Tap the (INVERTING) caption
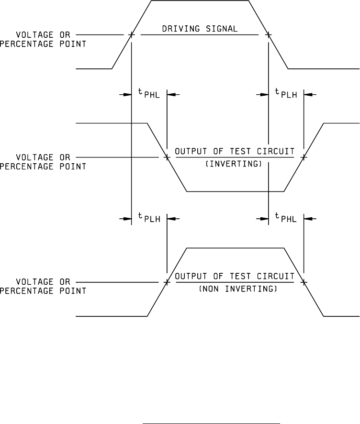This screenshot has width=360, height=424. coord(235,164)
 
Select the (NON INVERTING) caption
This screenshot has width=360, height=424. coord(235,289)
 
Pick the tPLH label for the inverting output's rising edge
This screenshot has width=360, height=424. coord(286,95)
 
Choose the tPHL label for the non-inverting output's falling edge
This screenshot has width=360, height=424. coord(286,219)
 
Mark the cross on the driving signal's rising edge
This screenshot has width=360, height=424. coord(131,35)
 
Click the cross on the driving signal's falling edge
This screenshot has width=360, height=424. coord(268,35)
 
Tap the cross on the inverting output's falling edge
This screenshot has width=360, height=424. coord(167,156)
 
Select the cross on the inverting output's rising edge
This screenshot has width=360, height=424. coord(304,156)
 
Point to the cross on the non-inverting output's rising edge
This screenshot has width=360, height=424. coord(167,282)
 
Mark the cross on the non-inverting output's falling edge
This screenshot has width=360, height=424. coord(304,282)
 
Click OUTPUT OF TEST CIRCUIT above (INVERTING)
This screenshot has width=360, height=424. coord(235,152)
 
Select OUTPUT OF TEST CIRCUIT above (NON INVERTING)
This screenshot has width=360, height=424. coord(235,277)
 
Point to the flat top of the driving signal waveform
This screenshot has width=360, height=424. coord(200,0)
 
